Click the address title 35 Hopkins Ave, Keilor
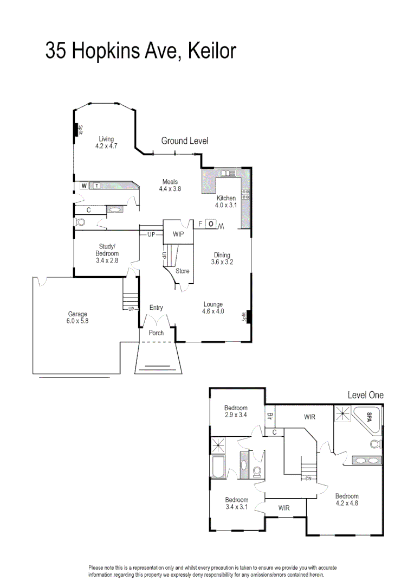click(141, 51)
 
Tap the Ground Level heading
click(185, 141)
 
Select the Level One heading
click(365, 395)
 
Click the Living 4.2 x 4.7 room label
click(106, 143)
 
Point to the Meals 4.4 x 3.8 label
click(170, 186)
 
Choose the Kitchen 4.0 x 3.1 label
click(225, 202)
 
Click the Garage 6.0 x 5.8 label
click(77, 317)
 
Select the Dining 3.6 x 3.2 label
click(222, 259)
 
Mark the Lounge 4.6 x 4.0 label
click(213, 308)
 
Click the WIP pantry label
click(178, 234)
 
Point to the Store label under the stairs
click(183, 271)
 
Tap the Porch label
click(156, 333)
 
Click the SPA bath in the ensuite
click(369, 417)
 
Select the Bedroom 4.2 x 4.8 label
click(347, 499)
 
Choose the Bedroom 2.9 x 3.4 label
click(236, 411)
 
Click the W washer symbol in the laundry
click(84, 186)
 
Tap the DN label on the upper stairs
click(308, 479)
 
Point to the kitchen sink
click(227, 173)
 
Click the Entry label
click(156, 308)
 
